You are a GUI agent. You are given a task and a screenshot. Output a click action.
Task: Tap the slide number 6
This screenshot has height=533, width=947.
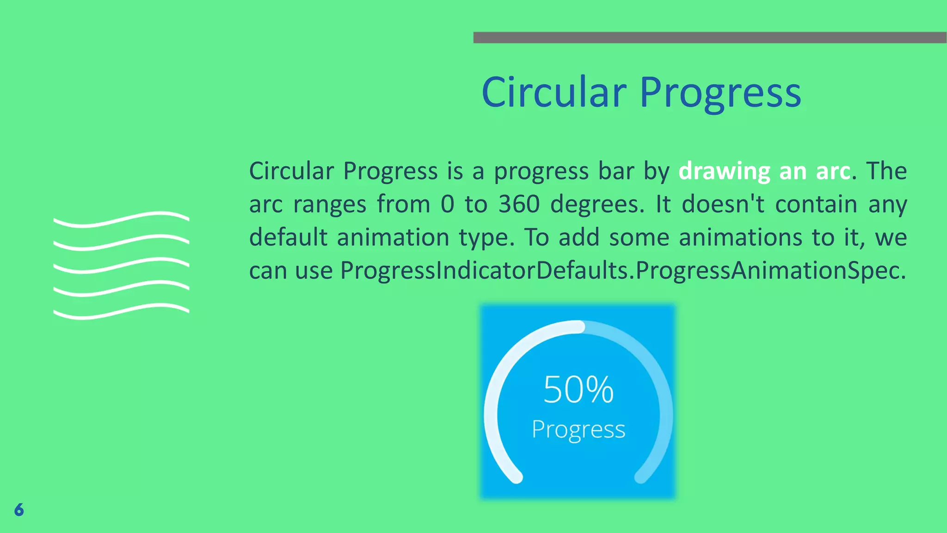tap(19, 510)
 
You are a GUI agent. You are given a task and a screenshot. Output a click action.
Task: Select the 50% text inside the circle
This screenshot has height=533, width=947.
tap(578, 390)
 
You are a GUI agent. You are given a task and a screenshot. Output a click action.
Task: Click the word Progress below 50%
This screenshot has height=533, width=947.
tap(578, 430)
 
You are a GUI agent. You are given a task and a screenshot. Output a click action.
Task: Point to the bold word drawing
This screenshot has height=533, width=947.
tap(724, 172)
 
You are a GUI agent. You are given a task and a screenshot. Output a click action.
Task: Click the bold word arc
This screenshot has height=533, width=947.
tap(833, 172)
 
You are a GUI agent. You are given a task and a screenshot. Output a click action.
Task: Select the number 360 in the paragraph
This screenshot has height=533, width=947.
tap(519, 204)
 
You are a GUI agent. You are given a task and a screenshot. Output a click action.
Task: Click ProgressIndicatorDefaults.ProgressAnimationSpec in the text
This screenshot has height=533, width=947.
tap(623, 271)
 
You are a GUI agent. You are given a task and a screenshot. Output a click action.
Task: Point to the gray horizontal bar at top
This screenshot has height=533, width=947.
tap(710, 37)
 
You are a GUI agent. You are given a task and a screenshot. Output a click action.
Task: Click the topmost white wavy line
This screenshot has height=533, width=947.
tap(121, 219)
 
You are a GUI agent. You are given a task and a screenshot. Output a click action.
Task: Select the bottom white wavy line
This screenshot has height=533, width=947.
tap(121, 311)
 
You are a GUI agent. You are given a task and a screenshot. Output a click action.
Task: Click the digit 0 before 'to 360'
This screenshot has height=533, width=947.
tap(447, 204)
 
